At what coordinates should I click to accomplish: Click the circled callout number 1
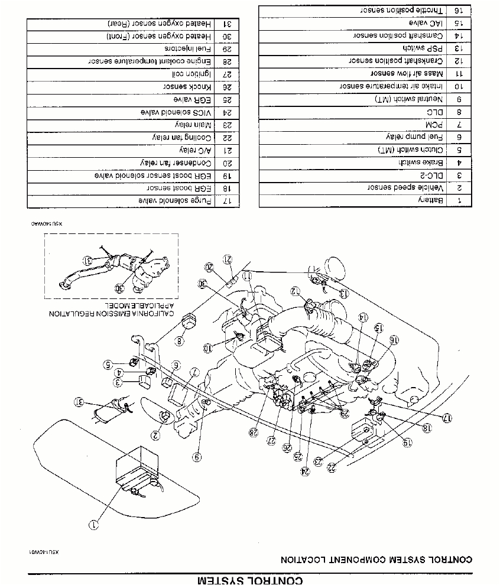(x=94, y=523)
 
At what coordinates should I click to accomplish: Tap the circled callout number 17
(x=447, y=418)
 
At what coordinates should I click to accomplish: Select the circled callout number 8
(x=180, y=341)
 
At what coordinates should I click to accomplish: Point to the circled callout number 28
(x=254, y=433)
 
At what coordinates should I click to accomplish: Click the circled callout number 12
(x=294, y=290)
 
